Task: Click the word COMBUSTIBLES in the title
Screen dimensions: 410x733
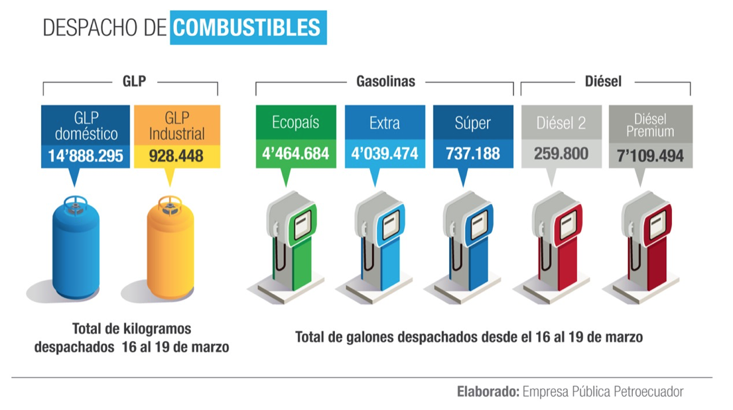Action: pos(248,27)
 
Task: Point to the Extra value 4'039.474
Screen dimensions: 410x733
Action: pos(384,154)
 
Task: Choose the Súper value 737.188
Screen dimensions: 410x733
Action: pos(473,154)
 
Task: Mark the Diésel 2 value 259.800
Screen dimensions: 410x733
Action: pos(561,154)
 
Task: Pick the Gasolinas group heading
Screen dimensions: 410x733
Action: pos(385,81)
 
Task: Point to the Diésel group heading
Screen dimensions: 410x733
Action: pos(603,81)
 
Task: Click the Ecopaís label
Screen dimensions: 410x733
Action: pos(295,123)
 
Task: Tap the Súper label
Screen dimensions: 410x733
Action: pos(473,123)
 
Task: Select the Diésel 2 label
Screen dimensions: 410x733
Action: pos(561,123)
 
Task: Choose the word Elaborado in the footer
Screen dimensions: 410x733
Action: pos(488,391)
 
